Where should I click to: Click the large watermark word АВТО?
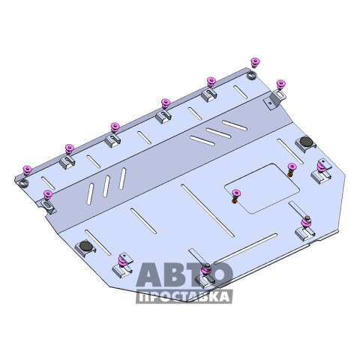pos(184,274)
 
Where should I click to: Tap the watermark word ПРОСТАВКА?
pos(184,296)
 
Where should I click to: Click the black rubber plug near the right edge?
pos(306,142)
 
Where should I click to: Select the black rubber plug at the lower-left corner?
pos(85,246)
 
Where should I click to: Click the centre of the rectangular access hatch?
pos(262,188)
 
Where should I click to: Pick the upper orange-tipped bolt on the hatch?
pos(291,169)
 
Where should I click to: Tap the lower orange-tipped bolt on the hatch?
pos(235,196)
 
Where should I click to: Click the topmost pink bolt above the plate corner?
pos(255,62)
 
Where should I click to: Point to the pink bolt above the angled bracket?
pos(280,85)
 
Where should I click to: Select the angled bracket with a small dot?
pos(274,100)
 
